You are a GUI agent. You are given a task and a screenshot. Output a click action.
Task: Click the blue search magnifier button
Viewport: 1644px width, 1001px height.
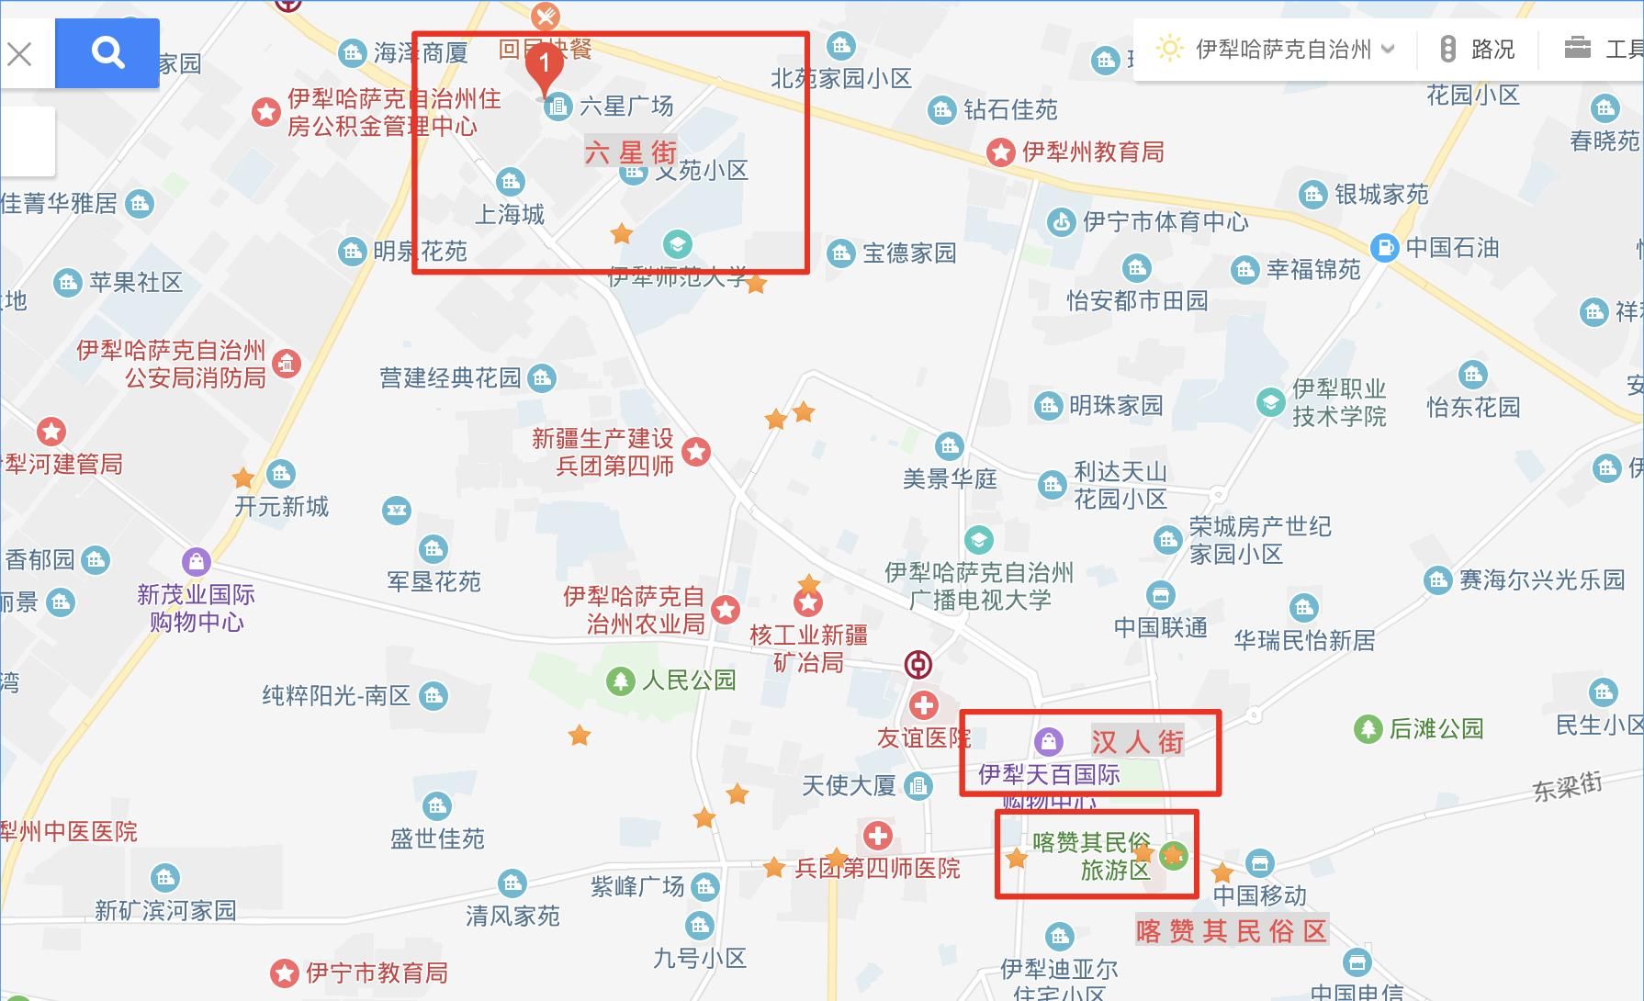click(x=107, y=53)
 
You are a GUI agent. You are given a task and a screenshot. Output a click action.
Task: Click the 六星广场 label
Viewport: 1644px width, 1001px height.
click(x=625, y=107)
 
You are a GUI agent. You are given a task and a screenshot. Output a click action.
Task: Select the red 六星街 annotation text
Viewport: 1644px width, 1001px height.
click(x=631, y=152)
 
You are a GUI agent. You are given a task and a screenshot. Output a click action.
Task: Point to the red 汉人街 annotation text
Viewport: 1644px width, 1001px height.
click(x=1137, y=741)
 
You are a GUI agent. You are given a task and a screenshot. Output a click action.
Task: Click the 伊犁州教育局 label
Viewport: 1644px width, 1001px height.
click(x=1093, y=152)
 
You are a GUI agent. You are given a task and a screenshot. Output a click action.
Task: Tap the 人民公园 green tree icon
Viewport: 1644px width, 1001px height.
click(x=621, y=680)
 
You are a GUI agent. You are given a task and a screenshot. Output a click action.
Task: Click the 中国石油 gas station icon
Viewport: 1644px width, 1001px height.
click(x=1384, y=247)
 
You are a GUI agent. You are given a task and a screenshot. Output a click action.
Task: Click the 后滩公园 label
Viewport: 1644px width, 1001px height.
click(x=1436, y=729)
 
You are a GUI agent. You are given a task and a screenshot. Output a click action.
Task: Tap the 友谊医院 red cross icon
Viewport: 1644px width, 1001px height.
click(x=923, y=705)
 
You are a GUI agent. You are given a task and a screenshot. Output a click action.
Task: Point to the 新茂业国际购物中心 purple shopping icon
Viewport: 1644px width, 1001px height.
click(x=196, y=561)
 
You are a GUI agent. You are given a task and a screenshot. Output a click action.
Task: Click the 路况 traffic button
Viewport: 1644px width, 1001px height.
click(x=1478, y=50)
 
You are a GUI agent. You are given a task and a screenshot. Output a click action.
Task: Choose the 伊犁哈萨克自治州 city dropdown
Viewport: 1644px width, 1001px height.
click(x=1282, y=50)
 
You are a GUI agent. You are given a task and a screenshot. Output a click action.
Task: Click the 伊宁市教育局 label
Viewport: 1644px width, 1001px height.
click(x=377, y=973)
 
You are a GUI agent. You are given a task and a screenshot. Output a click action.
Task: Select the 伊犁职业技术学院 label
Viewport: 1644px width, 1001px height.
click(x=1339, y=402)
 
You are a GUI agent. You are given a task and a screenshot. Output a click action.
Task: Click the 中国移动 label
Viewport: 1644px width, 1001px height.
click(x=1259, y=894)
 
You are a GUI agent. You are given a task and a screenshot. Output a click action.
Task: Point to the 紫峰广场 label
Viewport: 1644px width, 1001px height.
click(x=637, y=886)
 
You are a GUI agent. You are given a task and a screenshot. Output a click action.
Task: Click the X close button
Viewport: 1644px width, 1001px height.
click(x=19, y=54)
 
